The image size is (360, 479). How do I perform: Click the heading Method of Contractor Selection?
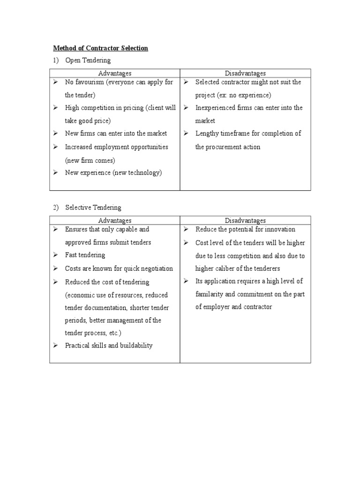(100, 48)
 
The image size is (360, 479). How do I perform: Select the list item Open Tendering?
(88, 60)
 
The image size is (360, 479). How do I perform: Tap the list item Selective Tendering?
(93, 207)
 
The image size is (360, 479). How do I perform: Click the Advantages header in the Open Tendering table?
(115, 73)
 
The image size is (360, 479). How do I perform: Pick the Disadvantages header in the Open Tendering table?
(245, 73)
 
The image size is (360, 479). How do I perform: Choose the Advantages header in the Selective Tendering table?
(115, 220)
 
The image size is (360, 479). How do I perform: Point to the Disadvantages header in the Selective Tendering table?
(245, 220)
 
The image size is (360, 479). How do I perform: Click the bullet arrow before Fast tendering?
(55, 255)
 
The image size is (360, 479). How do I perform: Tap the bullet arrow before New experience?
(55, 173)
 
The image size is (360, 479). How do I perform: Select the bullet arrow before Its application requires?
(186, 281)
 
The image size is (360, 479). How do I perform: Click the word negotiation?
(156, 269)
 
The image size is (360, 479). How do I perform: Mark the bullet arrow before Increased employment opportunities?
(55, 147)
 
